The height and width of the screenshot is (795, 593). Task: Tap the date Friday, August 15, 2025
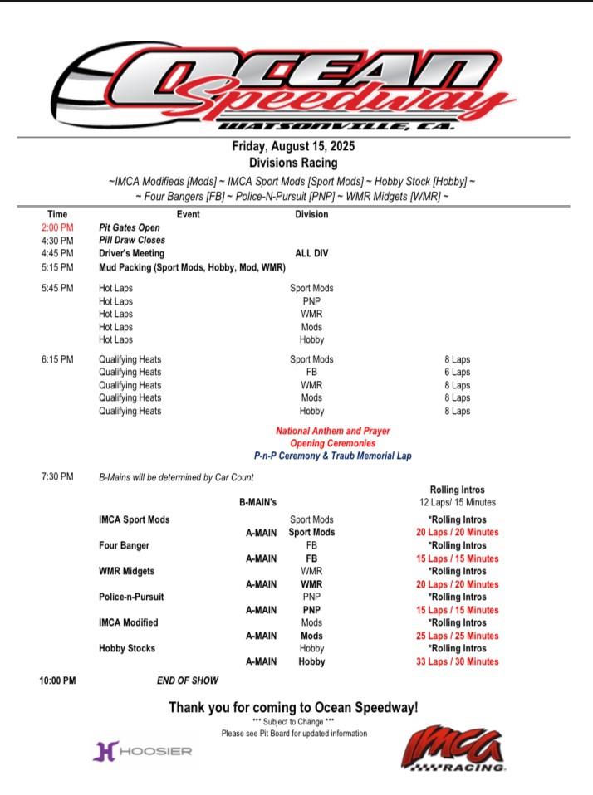[296, 147]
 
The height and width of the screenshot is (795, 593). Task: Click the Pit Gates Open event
[130, 227]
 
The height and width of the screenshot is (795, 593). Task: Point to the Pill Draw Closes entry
[132, 240]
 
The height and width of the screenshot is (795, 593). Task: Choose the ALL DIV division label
[311, 253]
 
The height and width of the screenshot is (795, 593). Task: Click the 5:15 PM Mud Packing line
[192, 267]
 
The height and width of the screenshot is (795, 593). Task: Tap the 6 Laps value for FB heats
[457, 373]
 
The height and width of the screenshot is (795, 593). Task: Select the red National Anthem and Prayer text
[332, 431]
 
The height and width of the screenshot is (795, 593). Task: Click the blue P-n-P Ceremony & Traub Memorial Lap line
[332, 456]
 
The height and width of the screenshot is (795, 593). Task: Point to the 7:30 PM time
[56, 477]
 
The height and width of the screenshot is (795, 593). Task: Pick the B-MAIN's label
[257, 502]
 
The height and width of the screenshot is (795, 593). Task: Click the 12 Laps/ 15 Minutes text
[457, 502]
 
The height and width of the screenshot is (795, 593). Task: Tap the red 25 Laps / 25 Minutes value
[457, 636]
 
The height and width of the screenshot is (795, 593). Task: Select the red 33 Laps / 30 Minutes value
[457, 661]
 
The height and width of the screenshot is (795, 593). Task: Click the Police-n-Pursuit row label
[131, 597]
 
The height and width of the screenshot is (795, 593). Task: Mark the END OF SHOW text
[188, 680]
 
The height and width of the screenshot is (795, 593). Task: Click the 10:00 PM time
[57, 680]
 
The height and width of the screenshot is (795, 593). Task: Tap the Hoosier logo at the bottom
[142, 751]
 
